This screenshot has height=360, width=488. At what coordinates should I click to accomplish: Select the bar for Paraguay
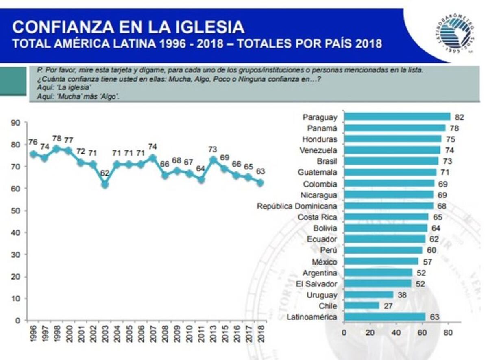(x=397, y=117)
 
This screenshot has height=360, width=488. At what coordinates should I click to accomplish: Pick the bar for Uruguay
(x=369, y=295)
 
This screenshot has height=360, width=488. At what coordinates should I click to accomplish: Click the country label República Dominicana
(x=297, y=206)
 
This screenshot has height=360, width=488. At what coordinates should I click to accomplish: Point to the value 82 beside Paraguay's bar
(x=460, y=117)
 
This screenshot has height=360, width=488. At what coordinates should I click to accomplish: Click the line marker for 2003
(x=105, y=184)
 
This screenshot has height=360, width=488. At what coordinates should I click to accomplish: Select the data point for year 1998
(x=57, y=149)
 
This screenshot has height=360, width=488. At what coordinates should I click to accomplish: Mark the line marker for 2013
(x=212, y=160)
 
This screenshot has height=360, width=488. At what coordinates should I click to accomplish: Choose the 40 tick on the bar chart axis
(x=396, y=332)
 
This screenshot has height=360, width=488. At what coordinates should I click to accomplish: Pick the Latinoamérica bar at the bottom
(x=385, y=317)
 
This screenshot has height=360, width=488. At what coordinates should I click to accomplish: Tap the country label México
(x=325, y=261)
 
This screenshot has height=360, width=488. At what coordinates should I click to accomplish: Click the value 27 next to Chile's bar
(x=388, y=306)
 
